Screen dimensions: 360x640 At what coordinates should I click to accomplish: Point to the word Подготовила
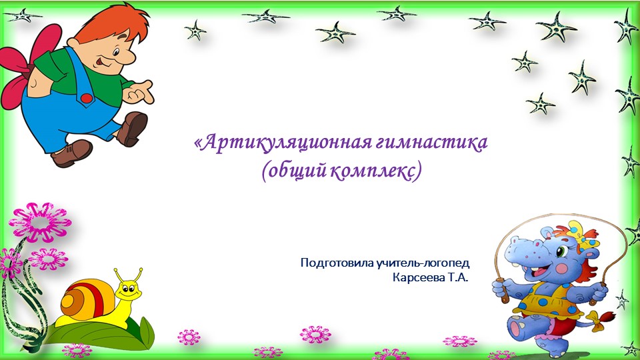click(x=337, y=263)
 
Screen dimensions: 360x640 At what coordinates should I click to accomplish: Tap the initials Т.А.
click(x=456, y=277)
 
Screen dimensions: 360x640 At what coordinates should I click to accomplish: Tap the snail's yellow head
click(x=129, y=291)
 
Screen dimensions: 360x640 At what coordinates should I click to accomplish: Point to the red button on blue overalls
click(x=86, y=98)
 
